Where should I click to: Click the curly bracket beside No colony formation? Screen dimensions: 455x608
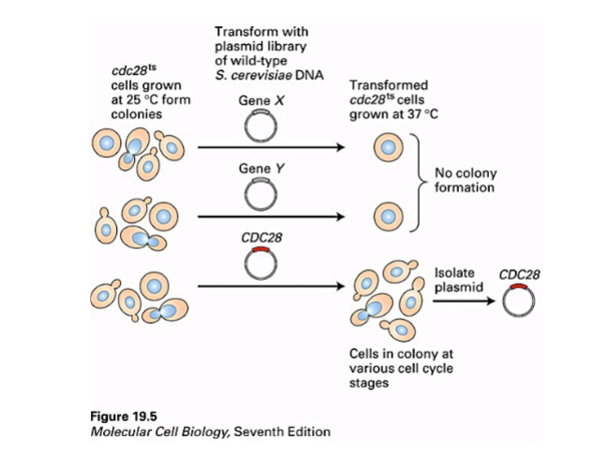click(x=417, y=182)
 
